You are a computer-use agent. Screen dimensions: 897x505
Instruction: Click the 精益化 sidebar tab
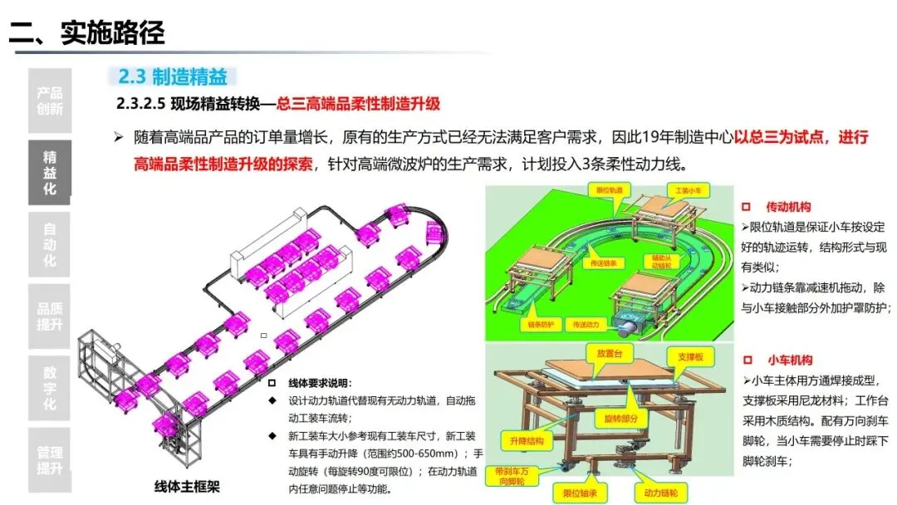50,172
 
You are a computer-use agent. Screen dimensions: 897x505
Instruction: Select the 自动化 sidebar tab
50,244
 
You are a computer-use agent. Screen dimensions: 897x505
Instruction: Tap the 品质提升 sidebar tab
50,316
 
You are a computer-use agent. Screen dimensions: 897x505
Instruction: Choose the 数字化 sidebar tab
50,388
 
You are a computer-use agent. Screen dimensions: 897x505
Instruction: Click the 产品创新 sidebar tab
50,101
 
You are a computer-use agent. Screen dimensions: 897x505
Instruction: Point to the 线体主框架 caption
188,487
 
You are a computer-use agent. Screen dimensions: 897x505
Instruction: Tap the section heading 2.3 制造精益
173,77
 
